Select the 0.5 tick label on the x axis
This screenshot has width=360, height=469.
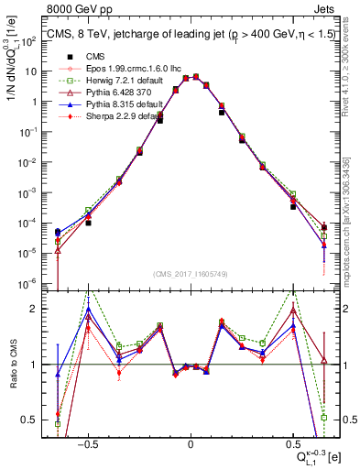[293, 442]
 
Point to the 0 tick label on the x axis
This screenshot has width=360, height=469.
[191, 442]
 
